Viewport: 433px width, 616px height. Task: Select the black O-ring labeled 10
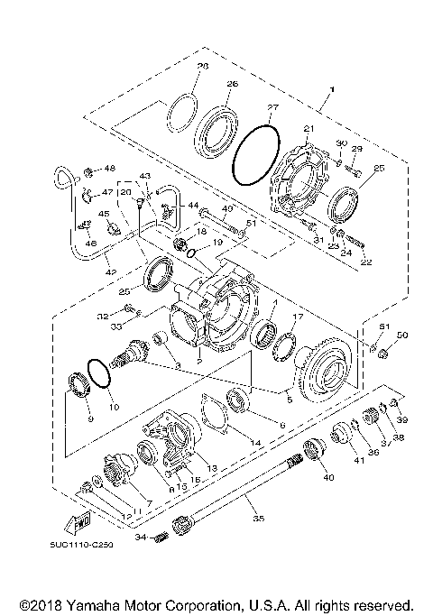coord(100,373)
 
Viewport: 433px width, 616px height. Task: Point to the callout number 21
coord(309,130)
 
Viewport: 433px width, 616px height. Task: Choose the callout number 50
coord(403,336)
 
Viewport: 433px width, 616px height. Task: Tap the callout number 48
coord(111,168)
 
